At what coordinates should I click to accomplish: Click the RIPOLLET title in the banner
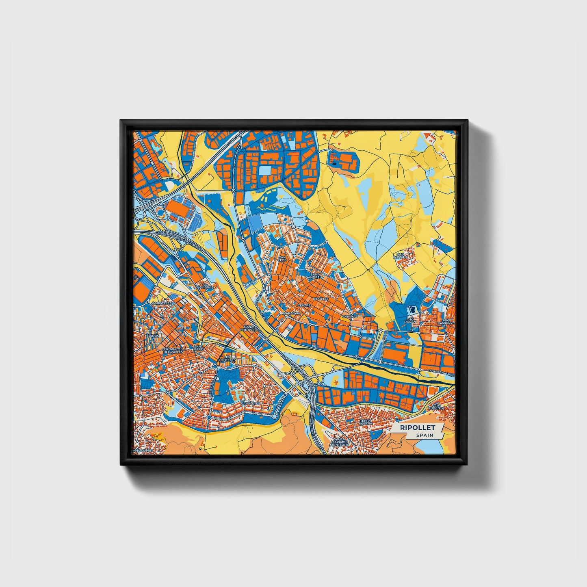tap(417, 428)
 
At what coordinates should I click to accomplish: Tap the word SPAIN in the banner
tap(424, 435)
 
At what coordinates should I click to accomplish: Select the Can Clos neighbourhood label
tap(282, 258)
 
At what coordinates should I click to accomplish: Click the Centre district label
tap(304, 305)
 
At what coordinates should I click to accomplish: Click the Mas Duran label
tap(410, 321)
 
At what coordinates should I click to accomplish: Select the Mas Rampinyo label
tap(448, 322)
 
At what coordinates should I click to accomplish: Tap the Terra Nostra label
tap(364, 421)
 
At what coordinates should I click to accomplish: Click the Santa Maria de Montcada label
tap(340, 442)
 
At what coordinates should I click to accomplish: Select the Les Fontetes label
tap(224, 358)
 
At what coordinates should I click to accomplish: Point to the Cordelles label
tap(162, 303)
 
